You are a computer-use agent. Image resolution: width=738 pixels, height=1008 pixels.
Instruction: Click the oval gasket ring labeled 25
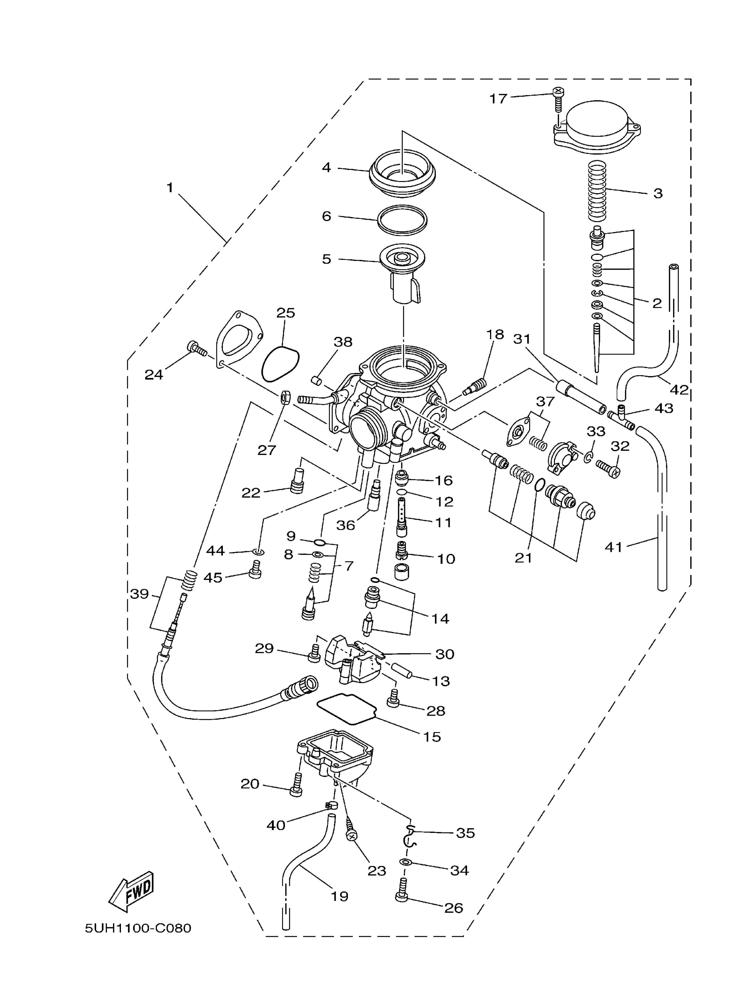280,364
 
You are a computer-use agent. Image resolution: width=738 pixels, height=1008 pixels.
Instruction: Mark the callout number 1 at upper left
170,188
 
